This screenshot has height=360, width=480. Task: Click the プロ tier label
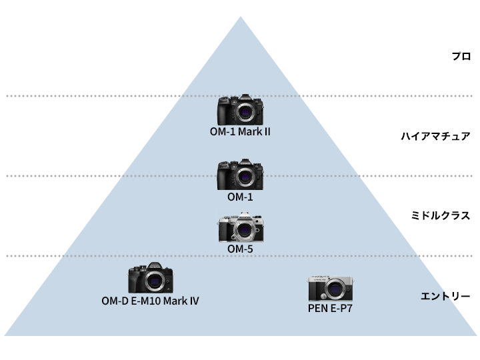coord(461,57)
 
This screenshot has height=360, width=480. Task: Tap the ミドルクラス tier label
coord(441,216)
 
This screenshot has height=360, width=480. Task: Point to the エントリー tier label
coord(446,296)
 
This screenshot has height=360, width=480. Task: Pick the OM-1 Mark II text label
coord(240,131)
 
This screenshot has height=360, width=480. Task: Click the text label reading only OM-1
coord(240,197)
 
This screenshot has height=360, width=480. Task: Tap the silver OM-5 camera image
coord(240,229)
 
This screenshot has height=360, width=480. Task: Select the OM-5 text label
coord(240,249)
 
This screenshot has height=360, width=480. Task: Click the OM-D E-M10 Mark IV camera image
coord(151,278)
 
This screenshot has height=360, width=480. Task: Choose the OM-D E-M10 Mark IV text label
coord(150,301)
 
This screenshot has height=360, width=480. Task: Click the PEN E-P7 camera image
coord(331,289)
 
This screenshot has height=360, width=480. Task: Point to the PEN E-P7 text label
coord(331,309)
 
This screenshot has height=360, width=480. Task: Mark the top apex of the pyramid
coord(240,17)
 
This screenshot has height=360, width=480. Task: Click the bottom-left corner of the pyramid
coord(5,335)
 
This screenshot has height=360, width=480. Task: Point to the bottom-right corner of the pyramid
coord(475,335)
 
